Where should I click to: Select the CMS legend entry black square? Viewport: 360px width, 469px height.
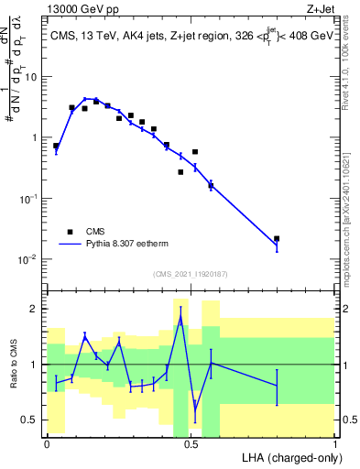(x=69, y=232)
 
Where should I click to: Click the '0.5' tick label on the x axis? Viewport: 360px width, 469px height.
(x=191, y=444)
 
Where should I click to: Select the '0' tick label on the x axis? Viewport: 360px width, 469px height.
(x=47, y=444)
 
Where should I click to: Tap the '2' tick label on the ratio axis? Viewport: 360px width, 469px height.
(x=36, y=309)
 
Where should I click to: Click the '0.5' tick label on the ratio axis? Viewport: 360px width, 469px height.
(x=31, y=420)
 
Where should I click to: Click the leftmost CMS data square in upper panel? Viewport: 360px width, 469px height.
(x=56, y=146)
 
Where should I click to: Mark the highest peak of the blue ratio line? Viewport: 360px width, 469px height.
(x=180, y=318)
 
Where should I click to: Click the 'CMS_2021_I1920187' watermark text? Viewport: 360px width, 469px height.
(x=190, y=273)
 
